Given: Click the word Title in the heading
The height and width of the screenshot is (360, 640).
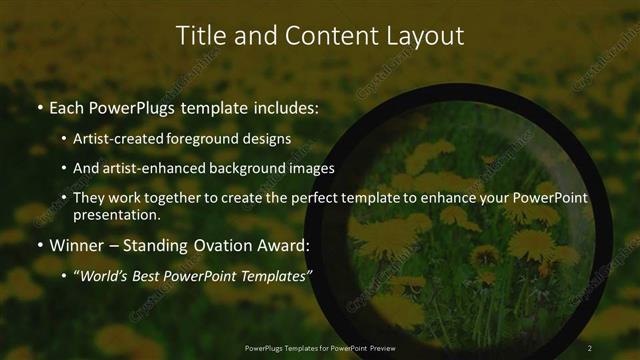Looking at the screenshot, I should (200, 35).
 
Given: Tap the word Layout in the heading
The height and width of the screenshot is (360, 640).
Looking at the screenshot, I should (426, 35).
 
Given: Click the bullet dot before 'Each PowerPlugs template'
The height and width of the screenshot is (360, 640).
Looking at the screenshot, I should (39, 106).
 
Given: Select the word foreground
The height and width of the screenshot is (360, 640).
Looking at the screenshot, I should (206, 138).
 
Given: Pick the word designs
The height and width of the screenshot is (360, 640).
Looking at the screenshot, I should (269, 138).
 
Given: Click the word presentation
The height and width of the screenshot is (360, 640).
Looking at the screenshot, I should (116, 214).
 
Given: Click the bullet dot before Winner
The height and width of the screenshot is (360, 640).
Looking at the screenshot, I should (39, 244).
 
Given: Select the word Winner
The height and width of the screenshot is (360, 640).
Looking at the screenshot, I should (76, 244).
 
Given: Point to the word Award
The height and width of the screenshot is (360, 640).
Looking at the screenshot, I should (284, 244).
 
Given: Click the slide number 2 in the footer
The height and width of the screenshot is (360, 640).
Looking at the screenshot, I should (589, 347).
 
